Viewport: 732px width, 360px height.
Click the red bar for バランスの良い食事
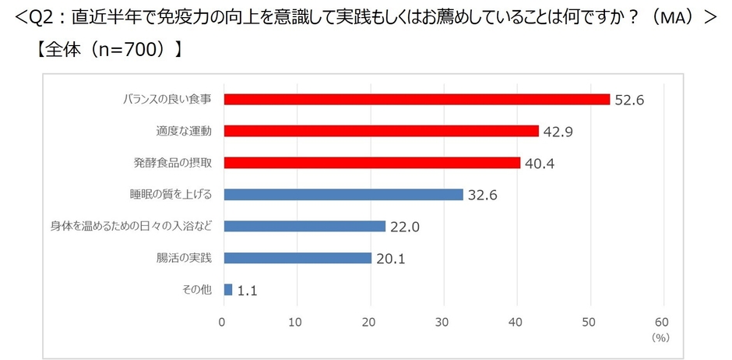click(x=416, y=99)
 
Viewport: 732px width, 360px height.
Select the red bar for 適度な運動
click(x=381, y=131)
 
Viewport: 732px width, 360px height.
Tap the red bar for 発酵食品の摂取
click(x=371, y=163)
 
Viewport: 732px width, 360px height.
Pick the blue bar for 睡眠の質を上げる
click(x=343, y=195)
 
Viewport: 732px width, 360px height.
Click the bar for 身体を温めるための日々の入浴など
click(x=304, y=226)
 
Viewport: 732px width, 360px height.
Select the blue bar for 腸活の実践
click(x=297, y=258)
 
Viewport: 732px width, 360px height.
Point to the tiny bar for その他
click(x=227, y=290)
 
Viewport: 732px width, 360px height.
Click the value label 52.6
click(x=629, y=100)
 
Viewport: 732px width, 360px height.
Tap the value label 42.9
click(x=558, y=132)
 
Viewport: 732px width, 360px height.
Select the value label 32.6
click(x=482, y=195)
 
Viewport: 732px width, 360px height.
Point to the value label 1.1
click(x=248, y=291)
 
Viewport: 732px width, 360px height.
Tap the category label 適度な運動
click(x=185, y=131)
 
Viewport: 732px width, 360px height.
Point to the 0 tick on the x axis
click(x=222, y=321)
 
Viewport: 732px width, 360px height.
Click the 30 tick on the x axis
click(x=442, y=321)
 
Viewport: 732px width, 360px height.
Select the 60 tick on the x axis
click(x=663, y=321)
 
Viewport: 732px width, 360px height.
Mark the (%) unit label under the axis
click(x=660, y=338)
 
